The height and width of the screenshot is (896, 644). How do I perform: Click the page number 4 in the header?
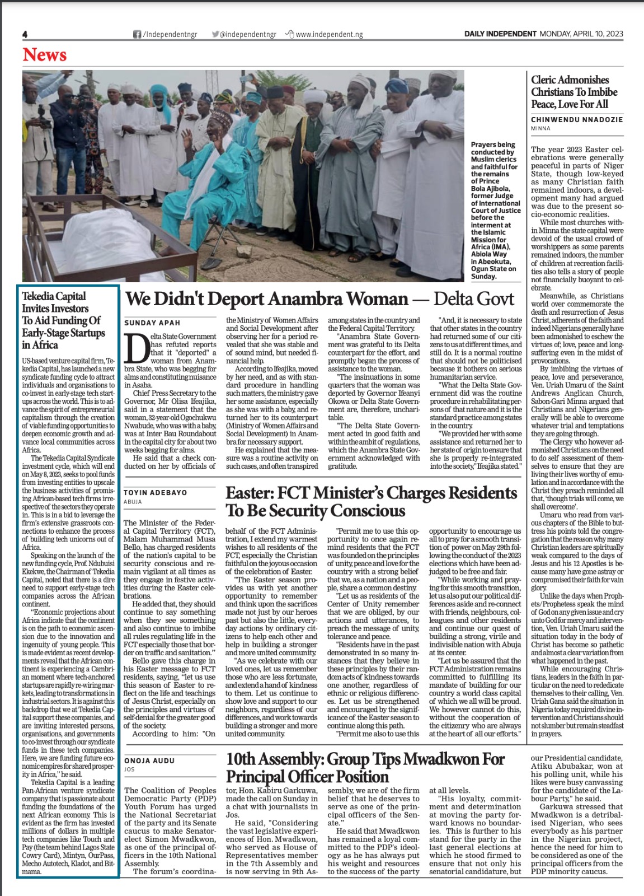click(25, 34)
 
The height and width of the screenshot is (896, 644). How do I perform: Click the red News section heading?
click(45, 55)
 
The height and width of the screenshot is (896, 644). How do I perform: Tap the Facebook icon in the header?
click(137, 34)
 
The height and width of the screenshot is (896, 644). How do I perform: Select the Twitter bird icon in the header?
click(215, 34)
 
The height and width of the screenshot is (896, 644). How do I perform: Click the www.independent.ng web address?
click(329, 34)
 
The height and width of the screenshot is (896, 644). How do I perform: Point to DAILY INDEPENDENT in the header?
click(500, 34)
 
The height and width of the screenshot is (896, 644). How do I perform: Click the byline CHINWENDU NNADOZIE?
click(577, 119)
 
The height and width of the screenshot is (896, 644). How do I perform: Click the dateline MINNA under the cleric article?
click(540, 128)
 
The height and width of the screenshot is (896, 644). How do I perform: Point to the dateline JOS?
click(129, 769)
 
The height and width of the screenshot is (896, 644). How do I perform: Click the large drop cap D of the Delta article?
click(136, 348)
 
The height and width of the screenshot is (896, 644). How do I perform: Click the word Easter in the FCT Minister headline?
click(250, 493)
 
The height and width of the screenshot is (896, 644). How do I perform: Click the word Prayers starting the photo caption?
click(485, 144)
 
